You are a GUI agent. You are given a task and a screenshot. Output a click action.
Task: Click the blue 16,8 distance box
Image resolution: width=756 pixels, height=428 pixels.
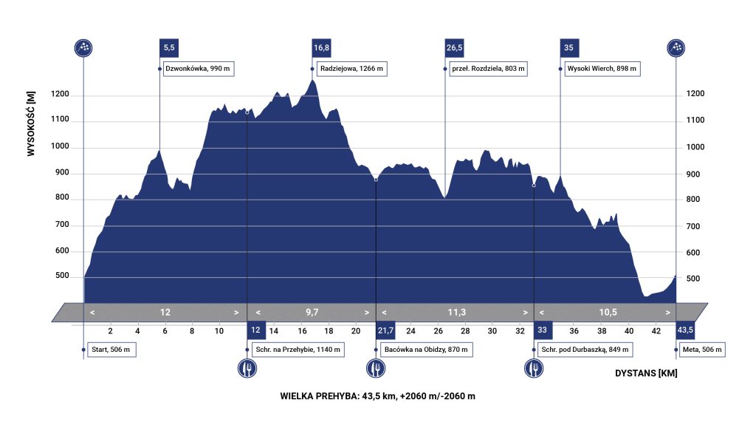tap(321, 47)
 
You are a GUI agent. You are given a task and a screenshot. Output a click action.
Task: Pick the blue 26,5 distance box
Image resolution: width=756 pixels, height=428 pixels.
tap(454, 47)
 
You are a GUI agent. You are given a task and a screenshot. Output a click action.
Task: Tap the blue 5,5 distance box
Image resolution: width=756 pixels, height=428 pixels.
tap(169, 47)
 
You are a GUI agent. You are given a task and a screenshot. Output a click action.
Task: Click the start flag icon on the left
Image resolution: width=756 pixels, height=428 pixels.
tap(84, 48)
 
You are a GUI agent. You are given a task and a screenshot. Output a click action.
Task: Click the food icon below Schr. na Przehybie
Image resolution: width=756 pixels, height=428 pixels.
tap(247, 367)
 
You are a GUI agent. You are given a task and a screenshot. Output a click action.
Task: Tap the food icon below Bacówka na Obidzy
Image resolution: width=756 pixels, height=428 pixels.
tap(377, 367)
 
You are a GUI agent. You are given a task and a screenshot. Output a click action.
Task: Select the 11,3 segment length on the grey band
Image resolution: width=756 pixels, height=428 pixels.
tap(457, 312)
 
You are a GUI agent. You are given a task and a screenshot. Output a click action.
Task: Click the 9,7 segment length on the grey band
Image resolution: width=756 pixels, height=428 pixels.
tap(311, 312)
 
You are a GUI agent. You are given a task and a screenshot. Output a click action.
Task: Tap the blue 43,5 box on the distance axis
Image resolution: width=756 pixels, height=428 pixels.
tap(684, 330)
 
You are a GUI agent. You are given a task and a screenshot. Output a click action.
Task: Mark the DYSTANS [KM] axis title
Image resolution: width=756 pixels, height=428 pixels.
tap(646, 373)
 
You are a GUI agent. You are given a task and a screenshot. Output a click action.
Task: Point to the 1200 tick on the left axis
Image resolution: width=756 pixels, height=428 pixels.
tap(61, 95)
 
